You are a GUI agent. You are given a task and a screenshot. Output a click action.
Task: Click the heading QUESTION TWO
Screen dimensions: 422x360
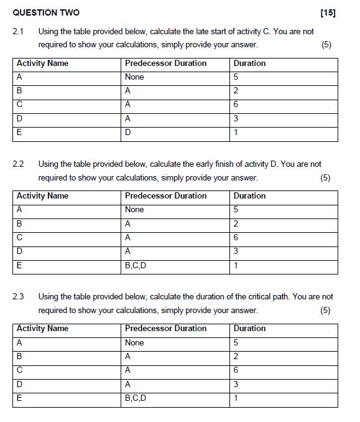(46, 13)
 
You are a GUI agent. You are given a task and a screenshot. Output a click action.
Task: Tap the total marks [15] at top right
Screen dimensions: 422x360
(328, 13)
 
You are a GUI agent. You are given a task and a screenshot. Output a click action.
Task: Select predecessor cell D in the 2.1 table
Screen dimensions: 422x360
(127, 133)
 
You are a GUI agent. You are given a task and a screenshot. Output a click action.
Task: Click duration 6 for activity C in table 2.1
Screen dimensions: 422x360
(236, 105)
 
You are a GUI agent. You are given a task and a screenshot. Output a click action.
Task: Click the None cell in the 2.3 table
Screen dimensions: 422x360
(134, 342)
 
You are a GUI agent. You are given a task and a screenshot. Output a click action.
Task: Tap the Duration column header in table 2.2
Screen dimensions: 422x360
(249, 195)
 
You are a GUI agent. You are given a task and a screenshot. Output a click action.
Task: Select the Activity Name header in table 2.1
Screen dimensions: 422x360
(42, 63)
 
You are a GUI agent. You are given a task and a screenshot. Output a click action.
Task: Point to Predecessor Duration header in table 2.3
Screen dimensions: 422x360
(165, 328)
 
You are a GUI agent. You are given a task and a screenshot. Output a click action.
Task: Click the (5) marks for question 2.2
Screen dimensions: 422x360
(325, 177)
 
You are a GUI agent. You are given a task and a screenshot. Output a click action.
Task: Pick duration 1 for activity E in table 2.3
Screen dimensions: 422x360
(236, 398)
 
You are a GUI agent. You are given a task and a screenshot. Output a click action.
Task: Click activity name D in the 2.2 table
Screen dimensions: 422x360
(19, 251)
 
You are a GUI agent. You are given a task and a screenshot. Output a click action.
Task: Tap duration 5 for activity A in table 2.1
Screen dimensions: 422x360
(236, 77)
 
